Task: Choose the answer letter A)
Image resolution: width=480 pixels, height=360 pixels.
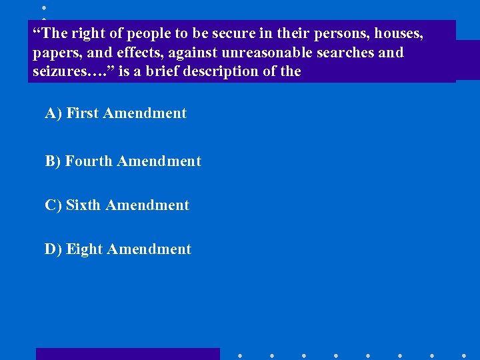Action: coord(53,113)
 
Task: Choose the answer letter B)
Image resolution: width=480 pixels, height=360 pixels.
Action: coord(53,161)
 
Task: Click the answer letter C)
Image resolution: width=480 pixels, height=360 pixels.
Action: coord(53,205)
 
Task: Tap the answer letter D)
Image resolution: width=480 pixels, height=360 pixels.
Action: coord(53,249)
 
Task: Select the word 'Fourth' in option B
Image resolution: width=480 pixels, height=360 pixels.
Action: coord(89,161)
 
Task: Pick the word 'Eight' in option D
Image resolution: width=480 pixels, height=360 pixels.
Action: coord(84,249)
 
